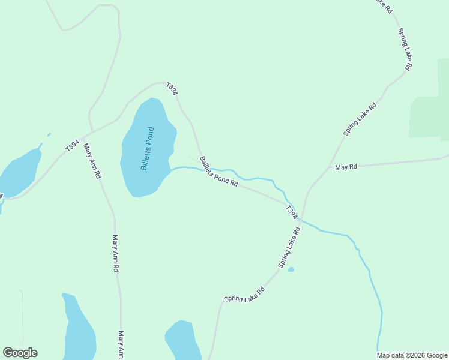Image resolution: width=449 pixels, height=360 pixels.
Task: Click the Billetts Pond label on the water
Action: point(148,148)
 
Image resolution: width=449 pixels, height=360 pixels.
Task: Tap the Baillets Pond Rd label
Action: point(219,172)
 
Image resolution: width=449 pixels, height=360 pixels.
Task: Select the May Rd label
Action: point(346,167)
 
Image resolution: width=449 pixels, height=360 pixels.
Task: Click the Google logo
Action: point(20,353)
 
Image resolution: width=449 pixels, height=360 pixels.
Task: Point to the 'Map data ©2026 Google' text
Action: point(412,355)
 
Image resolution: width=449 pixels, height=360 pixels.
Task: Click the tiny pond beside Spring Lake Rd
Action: point(291,269)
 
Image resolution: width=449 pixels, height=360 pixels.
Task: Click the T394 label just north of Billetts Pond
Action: point(172,89)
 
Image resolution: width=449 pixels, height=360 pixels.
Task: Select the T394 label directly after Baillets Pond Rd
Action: point(291,212)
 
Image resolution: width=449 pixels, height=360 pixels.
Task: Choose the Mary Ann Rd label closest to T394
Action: point(92,161)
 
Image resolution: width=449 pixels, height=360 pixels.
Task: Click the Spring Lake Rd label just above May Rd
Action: point(360,119)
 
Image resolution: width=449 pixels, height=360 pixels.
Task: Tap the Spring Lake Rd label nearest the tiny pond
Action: point(289,248)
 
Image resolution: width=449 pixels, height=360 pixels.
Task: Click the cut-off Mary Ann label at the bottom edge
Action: point(121,344)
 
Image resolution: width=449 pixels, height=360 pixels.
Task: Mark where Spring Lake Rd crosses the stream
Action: point(301,220)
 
